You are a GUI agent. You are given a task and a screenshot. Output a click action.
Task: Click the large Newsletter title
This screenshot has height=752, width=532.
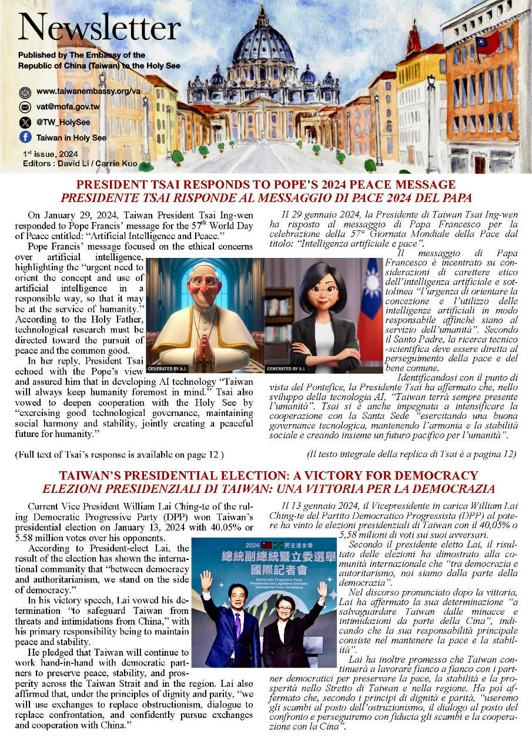point(99,28)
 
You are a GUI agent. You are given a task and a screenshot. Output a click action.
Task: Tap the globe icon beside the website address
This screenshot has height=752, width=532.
point(25,92)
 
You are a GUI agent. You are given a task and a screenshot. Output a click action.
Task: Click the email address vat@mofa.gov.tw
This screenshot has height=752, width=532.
point(68,107)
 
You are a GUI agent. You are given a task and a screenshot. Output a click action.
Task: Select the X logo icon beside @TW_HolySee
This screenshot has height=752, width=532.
point(25,122)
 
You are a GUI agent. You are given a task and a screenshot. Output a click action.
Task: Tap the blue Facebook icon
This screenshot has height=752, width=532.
point(25,137)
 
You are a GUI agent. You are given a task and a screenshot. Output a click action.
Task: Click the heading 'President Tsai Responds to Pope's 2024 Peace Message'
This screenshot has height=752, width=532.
point(266,185)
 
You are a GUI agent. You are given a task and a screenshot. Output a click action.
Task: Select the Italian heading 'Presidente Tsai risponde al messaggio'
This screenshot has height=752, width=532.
point(266,197)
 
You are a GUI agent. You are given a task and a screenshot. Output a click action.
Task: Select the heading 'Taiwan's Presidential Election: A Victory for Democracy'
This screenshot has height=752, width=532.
point(266,475)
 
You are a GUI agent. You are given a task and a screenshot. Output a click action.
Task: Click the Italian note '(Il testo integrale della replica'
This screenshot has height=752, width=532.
point(411,454)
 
